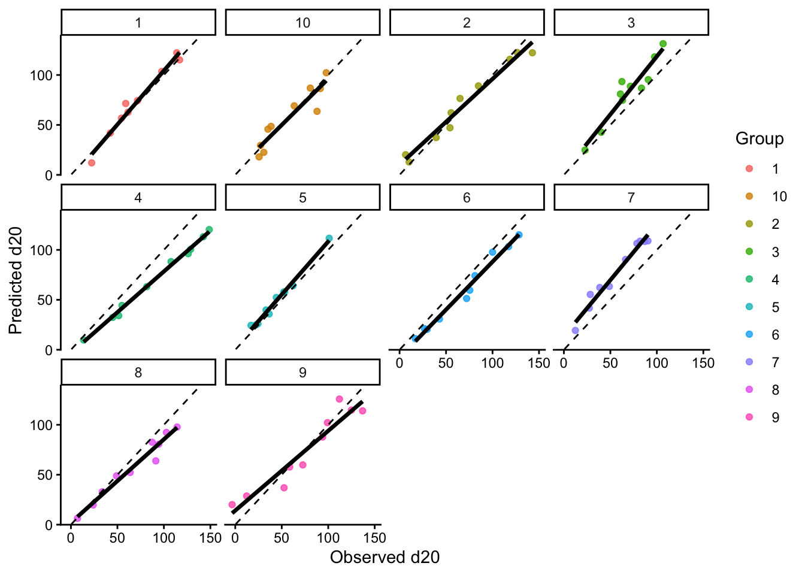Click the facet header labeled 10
pos(302,23)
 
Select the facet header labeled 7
pos(631,198)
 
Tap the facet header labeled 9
pos(302,373)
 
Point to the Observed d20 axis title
pos(385,558)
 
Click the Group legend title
pos(759,139)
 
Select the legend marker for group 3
pos(749,252)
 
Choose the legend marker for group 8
pos(749,390)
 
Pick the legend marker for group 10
pos(749,196)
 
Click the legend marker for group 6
pos(749,335)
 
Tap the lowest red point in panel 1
pos(92,162)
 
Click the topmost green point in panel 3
pos(663,44)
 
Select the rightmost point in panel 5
pos(329,238)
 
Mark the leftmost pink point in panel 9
pos(232,505)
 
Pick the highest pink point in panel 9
pos(339,399)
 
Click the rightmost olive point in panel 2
pos(532,53)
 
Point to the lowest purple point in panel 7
pos(575,331)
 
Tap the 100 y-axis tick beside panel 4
pos(44,250)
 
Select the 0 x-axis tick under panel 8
pos(71,538)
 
